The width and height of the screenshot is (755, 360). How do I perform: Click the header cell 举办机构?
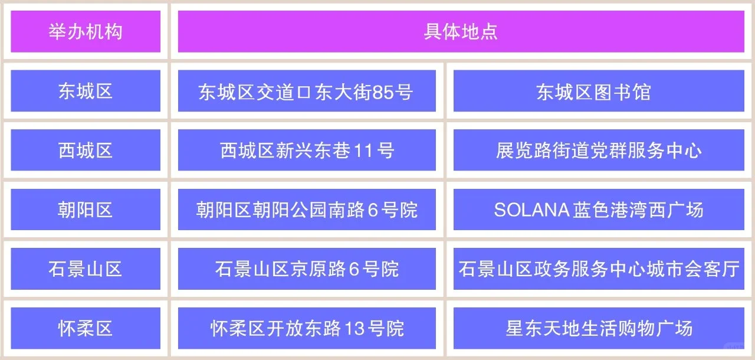86,31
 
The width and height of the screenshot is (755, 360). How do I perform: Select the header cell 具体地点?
461,31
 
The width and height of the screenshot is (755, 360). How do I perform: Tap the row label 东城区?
86,91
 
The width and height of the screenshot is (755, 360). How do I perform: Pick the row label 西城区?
86,150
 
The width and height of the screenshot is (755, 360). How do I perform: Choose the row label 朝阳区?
86,210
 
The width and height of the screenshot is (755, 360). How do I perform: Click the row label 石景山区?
86,269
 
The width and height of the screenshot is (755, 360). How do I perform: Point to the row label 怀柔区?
86,328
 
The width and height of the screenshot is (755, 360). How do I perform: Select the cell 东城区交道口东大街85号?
307,91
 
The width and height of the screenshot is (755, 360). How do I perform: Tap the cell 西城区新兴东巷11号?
307,150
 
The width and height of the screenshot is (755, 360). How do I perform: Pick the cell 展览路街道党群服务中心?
598,150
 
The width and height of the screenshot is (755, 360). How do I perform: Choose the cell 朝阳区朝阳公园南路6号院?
307,210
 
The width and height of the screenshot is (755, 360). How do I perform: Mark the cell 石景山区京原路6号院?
307,269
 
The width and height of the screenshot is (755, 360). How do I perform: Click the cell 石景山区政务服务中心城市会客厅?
598,269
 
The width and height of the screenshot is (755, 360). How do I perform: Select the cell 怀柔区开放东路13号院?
307,328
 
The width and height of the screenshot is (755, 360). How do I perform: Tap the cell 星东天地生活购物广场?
598,328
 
